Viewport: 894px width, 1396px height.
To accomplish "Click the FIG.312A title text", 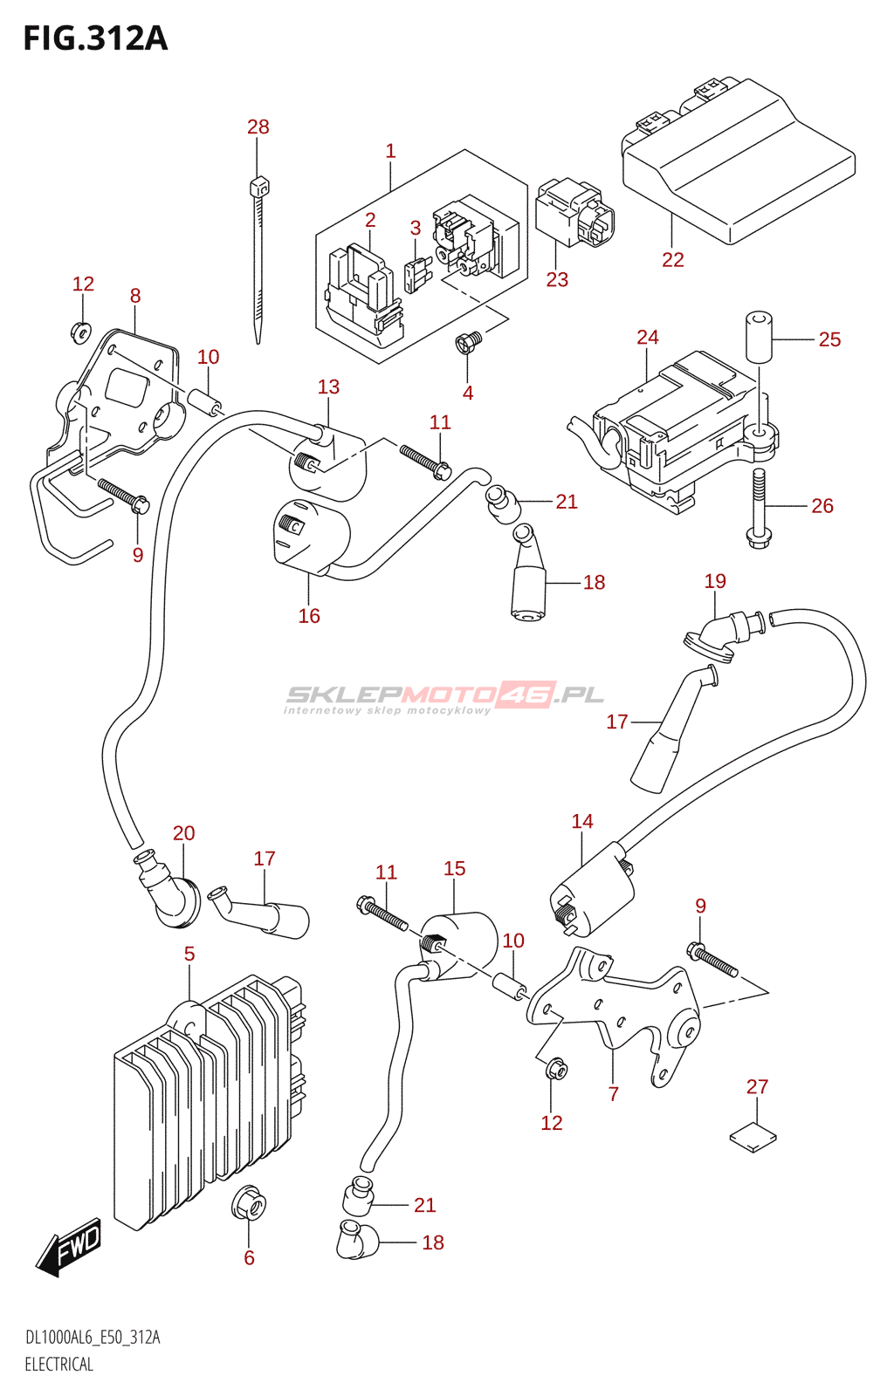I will pyautogui.click(x=95, y=39).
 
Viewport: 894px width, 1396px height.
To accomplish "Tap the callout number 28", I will pyautogui.click(x=258, y=127).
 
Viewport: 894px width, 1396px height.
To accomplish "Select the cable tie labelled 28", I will pyautogui.click(x=258, y=262).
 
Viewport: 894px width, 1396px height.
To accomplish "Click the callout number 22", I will pyautogui.click(x=672, y=260).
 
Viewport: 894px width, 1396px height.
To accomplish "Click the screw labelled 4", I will pyautogui.click(x=468, y=343).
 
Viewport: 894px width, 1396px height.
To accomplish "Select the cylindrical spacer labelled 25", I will pyautogui.click(x=759, y=335).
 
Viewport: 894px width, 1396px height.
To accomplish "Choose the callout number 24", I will pyautogui.click(x=647, y=338).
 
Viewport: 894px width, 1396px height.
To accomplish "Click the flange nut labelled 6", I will pyautogui.click(x=249, y=1205).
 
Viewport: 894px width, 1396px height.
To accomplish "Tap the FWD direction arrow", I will pyautogui.click(x=70, y=1246).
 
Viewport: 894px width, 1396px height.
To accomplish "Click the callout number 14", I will pyautogui.click(x=582, y=822).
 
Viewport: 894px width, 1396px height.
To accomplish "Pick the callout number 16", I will pyautogui.click(x=309, y=617).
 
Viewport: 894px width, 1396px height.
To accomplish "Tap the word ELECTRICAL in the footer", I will pyautogui.click(x=58, y=1365).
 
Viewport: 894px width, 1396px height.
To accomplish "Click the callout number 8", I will pyautogui.click(x=135, y=297).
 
